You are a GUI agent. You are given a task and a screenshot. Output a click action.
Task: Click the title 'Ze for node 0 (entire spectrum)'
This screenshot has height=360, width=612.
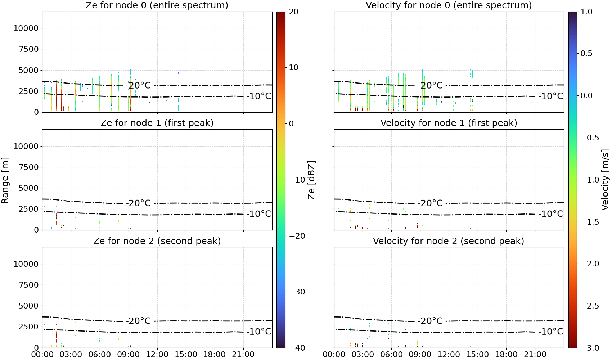157,5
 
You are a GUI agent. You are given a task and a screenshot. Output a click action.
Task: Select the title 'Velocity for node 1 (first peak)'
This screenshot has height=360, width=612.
449,123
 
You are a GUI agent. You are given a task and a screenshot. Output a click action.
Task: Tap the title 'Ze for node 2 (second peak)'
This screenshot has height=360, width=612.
157,241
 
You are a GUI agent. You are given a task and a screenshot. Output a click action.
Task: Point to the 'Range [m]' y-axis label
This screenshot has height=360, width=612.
5,180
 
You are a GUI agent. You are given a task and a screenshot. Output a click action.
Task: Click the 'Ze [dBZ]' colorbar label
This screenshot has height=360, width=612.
311,180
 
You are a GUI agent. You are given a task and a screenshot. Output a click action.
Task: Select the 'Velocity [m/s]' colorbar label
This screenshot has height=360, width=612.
605,180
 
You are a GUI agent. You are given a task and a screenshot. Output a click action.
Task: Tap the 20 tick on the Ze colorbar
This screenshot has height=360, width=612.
293,12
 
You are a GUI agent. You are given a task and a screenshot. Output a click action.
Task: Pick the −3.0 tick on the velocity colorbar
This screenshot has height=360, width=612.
589,348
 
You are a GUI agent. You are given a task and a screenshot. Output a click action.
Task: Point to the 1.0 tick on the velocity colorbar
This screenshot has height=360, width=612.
586,12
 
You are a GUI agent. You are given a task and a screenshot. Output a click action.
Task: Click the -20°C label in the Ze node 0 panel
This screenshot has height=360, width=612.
139,85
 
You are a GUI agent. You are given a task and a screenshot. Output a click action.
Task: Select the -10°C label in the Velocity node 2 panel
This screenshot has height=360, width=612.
551,332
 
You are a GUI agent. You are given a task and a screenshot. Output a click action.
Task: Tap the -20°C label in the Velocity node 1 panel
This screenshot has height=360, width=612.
430,203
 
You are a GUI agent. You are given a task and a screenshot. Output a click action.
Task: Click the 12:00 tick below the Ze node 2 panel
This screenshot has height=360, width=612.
157,355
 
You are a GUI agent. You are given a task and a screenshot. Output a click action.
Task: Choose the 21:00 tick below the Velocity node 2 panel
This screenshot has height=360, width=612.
535,355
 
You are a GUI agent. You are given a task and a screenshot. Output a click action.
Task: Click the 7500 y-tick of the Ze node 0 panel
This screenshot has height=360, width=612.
28,49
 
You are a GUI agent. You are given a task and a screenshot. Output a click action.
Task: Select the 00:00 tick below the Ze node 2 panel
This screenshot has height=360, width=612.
42,355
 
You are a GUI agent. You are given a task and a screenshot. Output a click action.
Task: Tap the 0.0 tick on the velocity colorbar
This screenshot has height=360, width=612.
586,96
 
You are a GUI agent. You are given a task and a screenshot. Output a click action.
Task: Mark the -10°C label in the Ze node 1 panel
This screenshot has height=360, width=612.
259,214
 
